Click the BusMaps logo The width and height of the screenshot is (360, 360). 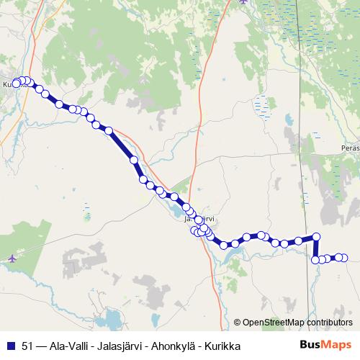pyautogui.click(x=325, y=345)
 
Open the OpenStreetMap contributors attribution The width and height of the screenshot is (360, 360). pyautogui.click(x=297, y=322)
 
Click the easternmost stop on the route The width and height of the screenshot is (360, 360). pyautogui.click(x=344, y=257)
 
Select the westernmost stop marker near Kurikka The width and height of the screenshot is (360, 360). pyautogui.click(x=17, y=84)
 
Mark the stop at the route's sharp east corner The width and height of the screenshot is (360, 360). pyautogui.click(x=315, y=236)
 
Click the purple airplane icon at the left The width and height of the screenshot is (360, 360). pyautogui.click(x=14, y=258)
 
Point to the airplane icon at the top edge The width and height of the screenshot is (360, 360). pyautogui.click(x=244, y=2)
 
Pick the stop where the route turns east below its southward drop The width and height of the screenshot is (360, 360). pyautogui.click(x=315, y=259)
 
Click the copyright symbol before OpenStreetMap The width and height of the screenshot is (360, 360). pyautogui.click(x=238, y=322)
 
